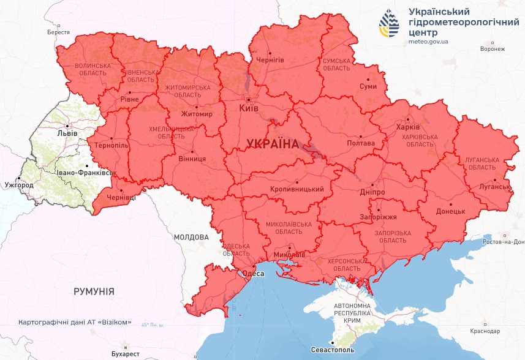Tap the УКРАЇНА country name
tap(273, 144)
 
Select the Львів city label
tap(67, 132)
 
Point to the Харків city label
tap(408, 127)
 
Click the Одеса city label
tap(254, 274)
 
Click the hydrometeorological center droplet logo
tap(390, 24)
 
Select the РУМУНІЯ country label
tap(94, 291)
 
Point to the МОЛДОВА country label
tap(191, 237)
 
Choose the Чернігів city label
tap(270, 60)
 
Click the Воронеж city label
tap(493, 49)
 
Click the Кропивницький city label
tap(296, 189)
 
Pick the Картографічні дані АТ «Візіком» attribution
tap(75, 322)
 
